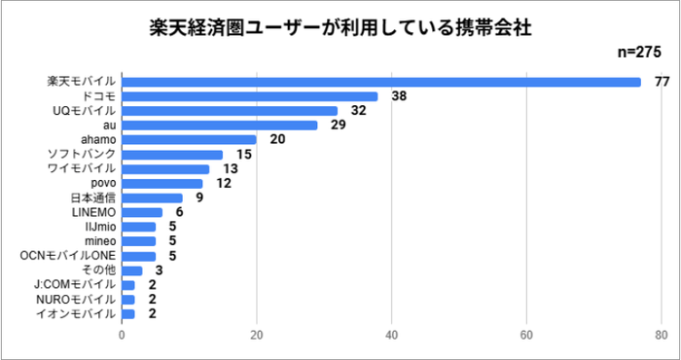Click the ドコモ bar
pyautogui.click(x=250, y=96)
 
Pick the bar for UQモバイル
pyautogui.click(x=230, y=111)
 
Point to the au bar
pyautogui.click(x=220, y=126)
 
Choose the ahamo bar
pyautogui.click(x=190, y=140)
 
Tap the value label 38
pyautogui.click(x=398, y=96)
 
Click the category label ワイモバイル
pyautogui.click(x=83, y=169)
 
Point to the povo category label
pyautogui.click(x=103, y=183)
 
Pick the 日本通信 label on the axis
pyautogui.click(x=95, y=198)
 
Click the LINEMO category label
pyautogui.click(x=94, y=212)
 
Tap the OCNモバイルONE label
pyautogui.click(x=69, y=255)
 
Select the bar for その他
pyautogui.click(x=132, y=270)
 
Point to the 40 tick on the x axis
pyautogui.click(x=392, y=337)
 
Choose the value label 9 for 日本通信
pyautogui.click(x=198, y=198)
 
